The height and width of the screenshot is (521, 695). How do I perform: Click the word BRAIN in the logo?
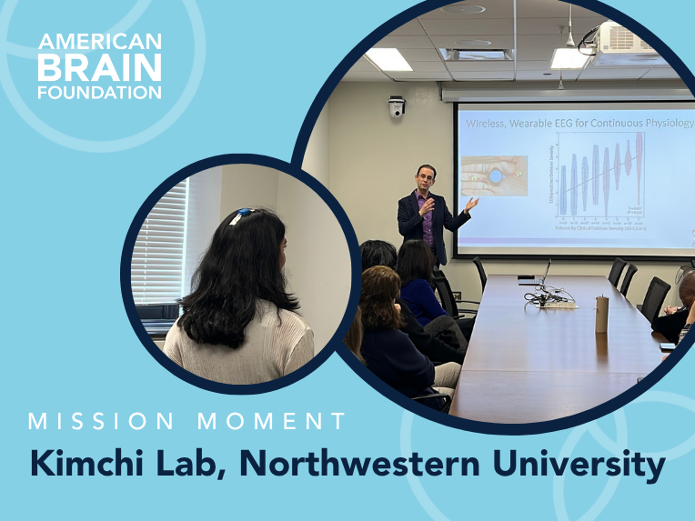100,66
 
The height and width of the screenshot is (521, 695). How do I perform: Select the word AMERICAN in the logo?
100,42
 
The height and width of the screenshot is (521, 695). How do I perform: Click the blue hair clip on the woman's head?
241,215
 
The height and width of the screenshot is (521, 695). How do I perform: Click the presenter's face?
426,178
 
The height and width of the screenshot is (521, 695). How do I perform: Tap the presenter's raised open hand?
470,204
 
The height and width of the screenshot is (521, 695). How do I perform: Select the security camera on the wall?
396,107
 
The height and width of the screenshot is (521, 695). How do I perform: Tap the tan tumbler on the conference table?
601,313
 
